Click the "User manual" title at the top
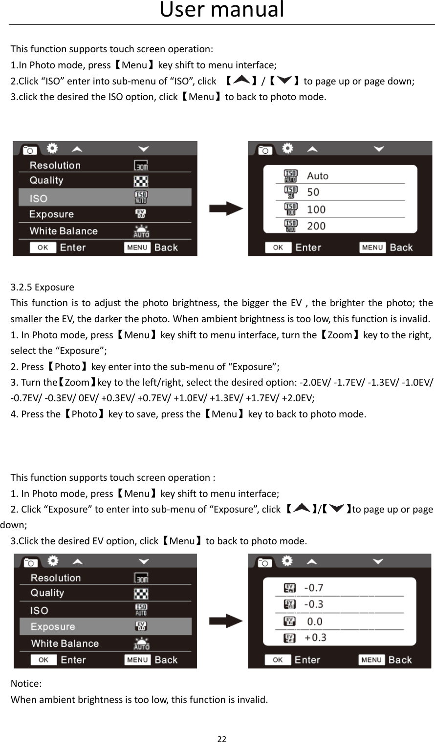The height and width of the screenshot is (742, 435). coord(221,10)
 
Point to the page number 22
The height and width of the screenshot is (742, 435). coord(222,739)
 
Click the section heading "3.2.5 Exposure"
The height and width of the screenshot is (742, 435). coord(43,287)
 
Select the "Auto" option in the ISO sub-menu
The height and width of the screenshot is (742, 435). coord(318,176)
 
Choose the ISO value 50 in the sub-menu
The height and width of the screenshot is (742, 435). coord(313,192)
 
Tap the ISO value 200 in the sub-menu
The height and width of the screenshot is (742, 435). coord(316,226)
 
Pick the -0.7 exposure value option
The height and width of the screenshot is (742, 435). coord(314,588)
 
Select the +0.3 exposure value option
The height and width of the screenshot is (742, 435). coord(315,638)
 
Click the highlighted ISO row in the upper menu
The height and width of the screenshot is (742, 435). coord(105,198)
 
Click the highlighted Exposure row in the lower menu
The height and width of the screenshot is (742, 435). coord(105,627)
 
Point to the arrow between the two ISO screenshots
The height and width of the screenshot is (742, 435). coord(226,209)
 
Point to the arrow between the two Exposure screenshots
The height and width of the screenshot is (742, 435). coord(226,621)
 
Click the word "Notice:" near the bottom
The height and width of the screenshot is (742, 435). coord(26,683)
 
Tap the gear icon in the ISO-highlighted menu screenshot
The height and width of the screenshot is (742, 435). coord(52,148)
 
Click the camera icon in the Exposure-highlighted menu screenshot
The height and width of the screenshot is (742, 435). coord(30,562)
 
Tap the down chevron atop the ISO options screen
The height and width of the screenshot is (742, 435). coord(379,149)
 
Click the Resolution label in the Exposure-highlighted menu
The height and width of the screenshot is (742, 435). coord(56,578)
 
